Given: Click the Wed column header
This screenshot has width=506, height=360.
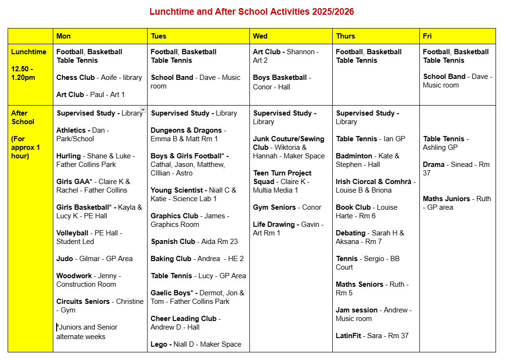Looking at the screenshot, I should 260,36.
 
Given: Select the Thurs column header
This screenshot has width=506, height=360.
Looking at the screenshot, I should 346,36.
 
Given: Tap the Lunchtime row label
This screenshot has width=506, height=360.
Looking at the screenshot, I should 29,52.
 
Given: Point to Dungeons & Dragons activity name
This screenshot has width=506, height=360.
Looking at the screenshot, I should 186,130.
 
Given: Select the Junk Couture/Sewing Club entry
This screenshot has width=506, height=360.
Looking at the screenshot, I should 288,143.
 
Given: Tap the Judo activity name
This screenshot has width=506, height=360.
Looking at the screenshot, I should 65,259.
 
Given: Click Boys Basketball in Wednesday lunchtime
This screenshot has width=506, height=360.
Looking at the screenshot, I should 280,78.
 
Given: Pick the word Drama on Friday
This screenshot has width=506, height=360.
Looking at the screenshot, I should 434,165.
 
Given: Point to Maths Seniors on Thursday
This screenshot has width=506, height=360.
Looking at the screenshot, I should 359,284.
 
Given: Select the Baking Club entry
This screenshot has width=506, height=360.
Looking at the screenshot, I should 171,259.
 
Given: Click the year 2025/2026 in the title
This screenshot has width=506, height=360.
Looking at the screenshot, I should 333,12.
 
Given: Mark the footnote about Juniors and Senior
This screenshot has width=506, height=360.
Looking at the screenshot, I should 87,332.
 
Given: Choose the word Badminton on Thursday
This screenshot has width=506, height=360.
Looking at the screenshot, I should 354,156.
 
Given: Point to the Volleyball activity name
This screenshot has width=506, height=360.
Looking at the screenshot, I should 72,233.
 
